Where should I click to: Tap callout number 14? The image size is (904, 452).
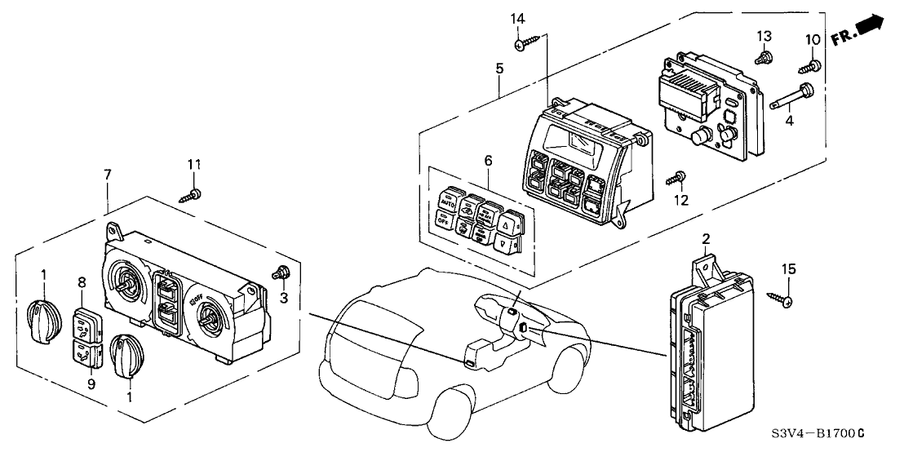(519, 19)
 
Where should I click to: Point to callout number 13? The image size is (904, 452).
(764, 36)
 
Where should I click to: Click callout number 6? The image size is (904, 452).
(488, 162)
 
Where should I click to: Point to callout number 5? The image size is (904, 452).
(499, 69)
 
